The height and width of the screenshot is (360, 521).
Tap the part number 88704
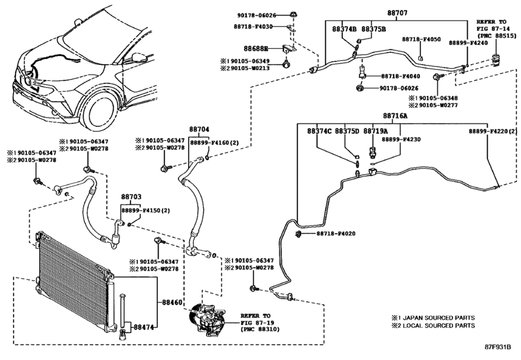(x=199, y=129)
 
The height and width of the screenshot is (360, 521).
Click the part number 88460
(x=172, y=300)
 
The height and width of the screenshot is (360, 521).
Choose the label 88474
(x=144, y=327)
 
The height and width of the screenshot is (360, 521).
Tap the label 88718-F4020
(x=335, y=233)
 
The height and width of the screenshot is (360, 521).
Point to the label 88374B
(x=344, y=30)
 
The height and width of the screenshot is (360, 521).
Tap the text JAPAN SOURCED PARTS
(x=437, y=318)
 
